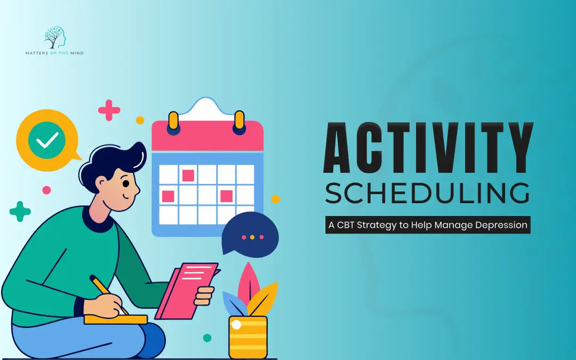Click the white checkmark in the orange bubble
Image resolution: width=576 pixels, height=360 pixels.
click(x=47, y=140)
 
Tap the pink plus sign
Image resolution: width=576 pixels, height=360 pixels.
click(x=109, y=110)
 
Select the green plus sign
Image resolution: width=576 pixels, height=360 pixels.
click(x=20, y=211)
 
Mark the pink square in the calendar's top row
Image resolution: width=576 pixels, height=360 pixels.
click(x=188, y=175)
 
